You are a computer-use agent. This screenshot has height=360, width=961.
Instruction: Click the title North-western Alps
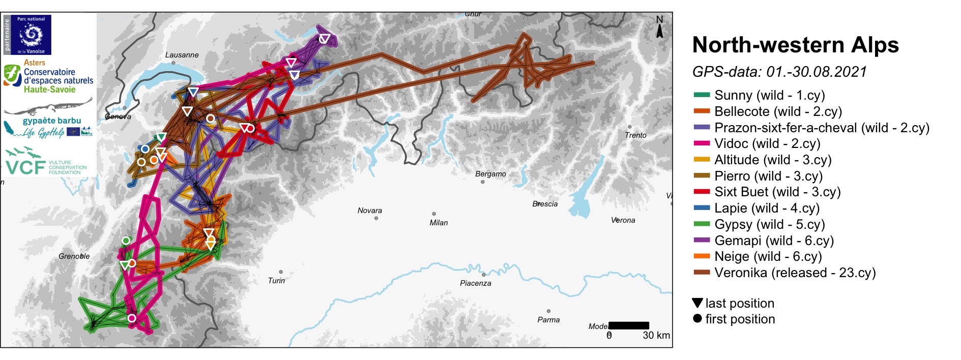pos(795,45)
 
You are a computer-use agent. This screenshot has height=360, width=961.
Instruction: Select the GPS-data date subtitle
pos(779,72)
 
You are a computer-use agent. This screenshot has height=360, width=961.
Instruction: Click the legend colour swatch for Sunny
pos(702,95)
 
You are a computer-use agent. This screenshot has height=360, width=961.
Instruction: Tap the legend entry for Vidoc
pos(767,143)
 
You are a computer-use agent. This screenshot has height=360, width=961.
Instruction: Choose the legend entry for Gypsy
pos(769,224)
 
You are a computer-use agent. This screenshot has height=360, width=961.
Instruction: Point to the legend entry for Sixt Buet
pos(777,192)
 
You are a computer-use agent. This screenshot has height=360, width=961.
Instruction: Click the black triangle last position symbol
pos(697,303)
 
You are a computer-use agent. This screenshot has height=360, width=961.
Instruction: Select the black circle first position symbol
pos(697,318)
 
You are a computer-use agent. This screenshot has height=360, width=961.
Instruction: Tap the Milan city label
pos(439,223)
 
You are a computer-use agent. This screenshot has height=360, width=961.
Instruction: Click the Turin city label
pos(276,281)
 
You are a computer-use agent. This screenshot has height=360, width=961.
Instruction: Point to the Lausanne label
pos(182,55)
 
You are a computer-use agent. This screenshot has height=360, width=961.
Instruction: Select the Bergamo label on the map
pos(490,174)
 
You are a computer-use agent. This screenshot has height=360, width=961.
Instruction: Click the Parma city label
pos(548,320)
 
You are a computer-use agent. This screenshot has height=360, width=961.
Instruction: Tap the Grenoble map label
pos(74,256)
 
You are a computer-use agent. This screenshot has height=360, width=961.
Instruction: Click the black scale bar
pos(628,325)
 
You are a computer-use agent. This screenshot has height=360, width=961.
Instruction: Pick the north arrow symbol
pos(659,27)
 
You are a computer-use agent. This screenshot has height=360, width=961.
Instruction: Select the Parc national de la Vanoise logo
pos(31,35)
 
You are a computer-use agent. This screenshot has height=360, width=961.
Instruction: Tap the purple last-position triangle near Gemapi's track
pos(325,39)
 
